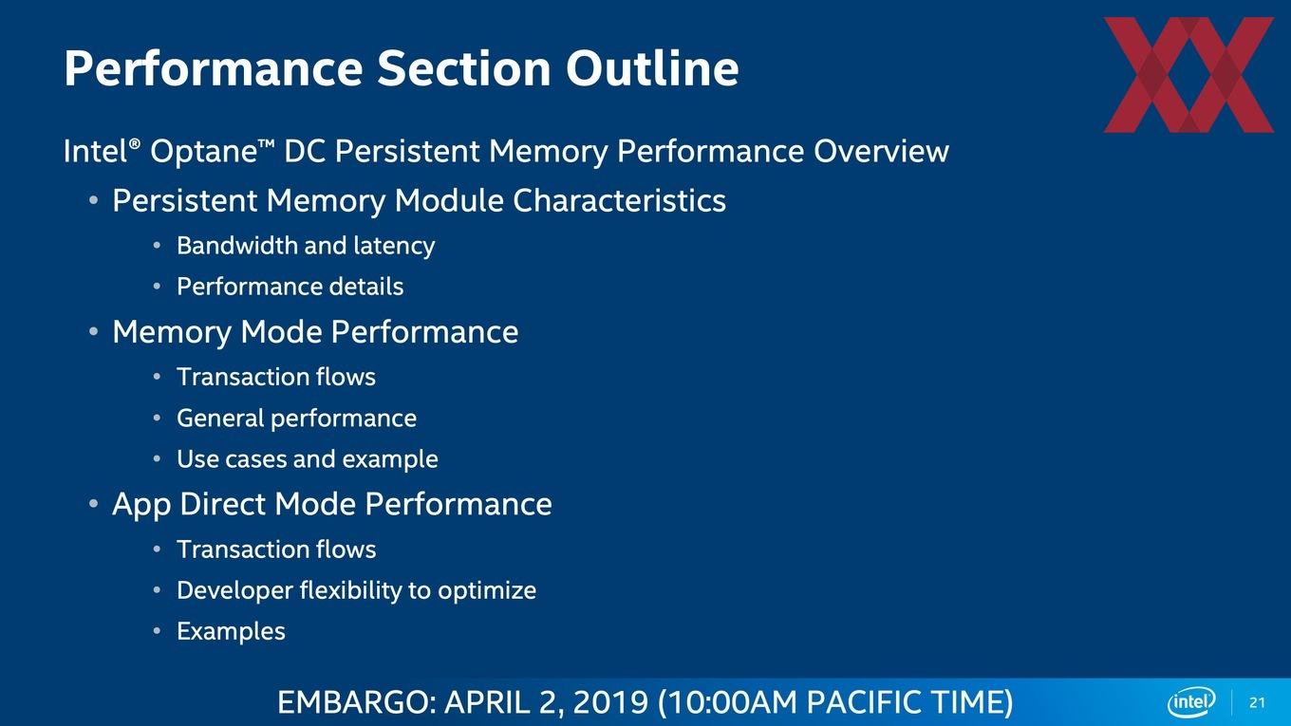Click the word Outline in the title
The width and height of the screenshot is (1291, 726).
coord(652,68)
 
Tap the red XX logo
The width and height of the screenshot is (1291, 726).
coord(1188,75)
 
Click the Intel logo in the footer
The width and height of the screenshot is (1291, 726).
coord(1191,702)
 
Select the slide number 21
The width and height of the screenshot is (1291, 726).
coord(1257,703)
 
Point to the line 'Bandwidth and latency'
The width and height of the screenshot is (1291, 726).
coord(306,246)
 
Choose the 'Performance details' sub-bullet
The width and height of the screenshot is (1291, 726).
coord(290,287)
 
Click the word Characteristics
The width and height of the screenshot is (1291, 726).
coord(619,200)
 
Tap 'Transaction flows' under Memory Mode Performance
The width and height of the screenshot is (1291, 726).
coord(276,377)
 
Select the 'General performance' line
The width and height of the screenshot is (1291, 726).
coord(296,419)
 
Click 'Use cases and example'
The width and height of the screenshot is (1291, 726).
coord(308,459)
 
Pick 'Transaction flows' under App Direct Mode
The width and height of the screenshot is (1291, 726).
coord(276,549)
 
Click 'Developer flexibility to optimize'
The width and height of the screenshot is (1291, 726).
coord(356,590)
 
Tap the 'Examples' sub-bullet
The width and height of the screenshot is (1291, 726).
coord(231,631)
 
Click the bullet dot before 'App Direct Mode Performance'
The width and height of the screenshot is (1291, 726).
coord(94,504)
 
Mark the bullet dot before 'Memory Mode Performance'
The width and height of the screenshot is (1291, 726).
coord(94,332)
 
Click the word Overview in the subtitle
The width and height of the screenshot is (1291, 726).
coord(881,152)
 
